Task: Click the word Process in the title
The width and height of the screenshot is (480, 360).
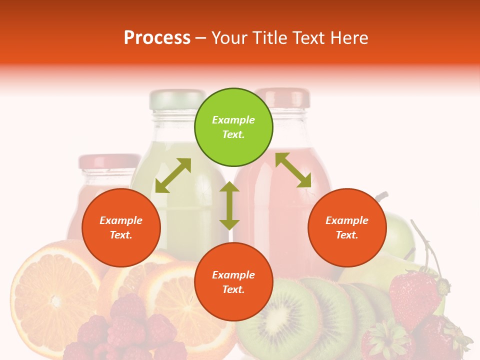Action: (157, 38)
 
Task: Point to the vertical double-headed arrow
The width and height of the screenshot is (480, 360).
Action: (229, 205)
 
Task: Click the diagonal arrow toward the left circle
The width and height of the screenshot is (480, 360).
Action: (173, 175)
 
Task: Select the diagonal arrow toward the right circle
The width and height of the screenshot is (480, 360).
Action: (293, 170)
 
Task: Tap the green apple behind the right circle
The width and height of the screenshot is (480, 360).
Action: (397, 230)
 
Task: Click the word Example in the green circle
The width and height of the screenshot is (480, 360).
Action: (233, 120)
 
